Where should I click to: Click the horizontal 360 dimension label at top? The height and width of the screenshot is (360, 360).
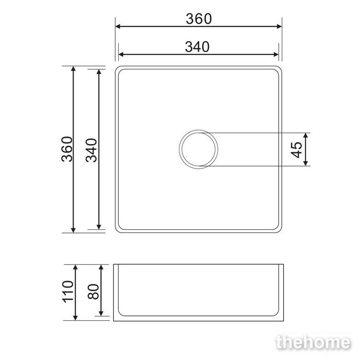[199, 19]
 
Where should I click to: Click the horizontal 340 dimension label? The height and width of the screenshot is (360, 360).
[197, 47]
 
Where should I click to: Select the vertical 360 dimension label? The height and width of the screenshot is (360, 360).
[67, 149]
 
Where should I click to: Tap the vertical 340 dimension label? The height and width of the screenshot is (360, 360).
[92, 150]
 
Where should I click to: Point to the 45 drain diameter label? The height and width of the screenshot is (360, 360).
[296, 150]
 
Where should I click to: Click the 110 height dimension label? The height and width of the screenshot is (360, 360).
[68, 292]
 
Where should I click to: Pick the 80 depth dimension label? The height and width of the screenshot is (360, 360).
[93, 292]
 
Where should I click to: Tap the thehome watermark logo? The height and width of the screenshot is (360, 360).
[313, 343]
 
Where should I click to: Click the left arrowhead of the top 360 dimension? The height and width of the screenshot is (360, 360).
[118, 26]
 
